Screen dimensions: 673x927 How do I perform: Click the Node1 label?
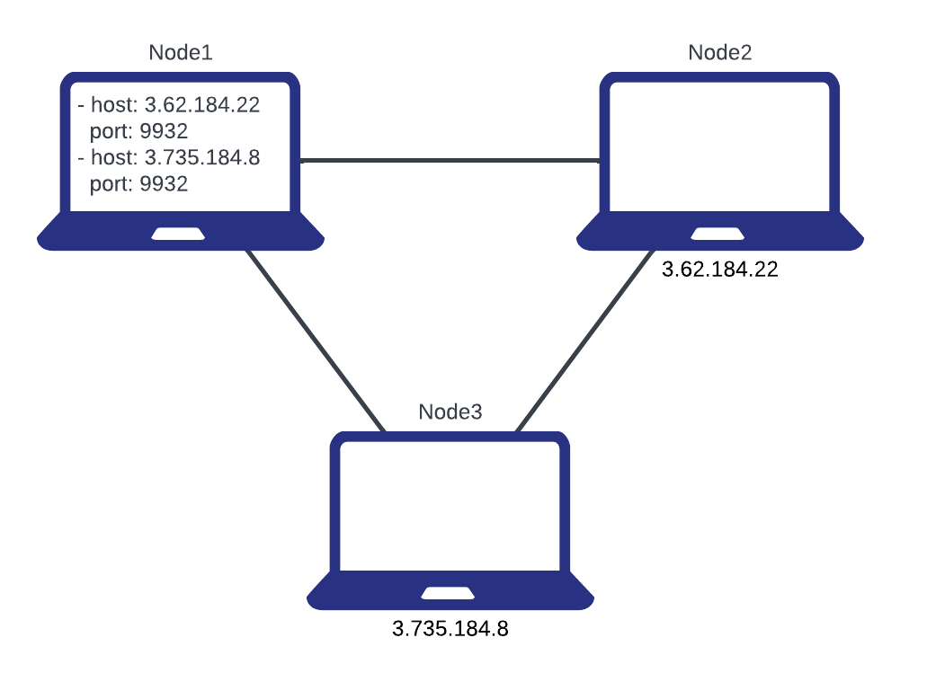coord(180,52)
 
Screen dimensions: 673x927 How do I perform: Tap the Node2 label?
coord(719,52)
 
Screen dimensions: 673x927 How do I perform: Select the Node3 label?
coord(450,412)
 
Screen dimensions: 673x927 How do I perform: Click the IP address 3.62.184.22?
coord(202,105)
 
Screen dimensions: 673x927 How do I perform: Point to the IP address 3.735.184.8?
coord(202,158)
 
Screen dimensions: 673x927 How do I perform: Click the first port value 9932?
coord(163,132)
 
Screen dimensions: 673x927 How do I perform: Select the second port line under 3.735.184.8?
coord(139,184)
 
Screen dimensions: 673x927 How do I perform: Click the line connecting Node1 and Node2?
coord(450,161)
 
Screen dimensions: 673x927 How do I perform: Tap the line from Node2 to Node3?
coord(584,339)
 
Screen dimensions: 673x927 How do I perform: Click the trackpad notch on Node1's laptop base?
coord(178,235)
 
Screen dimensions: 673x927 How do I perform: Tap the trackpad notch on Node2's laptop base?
coord(718,235)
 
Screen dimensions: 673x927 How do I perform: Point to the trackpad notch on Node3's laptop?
coord(448,594)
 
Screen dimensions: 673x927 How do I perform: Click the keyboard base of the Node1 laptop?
coord(90,235)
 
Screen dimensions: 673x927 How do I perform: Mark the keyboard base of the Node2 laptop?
coord(629,235)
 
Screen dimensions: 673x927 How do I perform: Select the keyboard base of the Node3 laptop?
coord(360,595)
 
